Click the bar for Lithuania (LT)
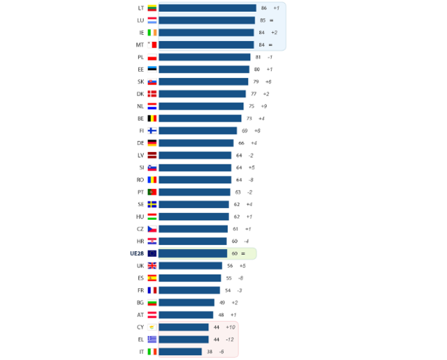pos(207,8)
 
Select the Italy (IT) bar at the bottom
pos(180,352)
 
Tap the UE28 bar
pos(193,253)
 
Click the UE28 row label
pos(135,253)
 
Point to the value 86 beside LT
pos(264,8)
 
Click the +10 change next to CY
pos(230,327)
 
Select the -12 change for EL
pos(230,339)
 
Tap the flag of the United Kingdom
pos(152,266)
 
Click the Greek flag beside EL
pos(152,339)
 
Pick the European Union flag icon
pos(152,253)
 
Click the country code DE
pos(140,143)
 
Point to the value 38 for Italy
pos(210,352)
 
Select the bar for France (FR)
pos(189,290)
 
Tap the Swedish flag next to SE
pos(152,204)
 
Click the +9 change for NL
pos(263,106)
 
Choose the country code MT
pos(140,45)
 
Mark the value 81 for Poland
pos(258,57)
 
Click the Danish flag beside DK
pos(152,93)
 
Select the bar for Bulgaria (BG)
pos(186,302)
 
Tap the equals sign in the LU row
pos(271,20)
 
